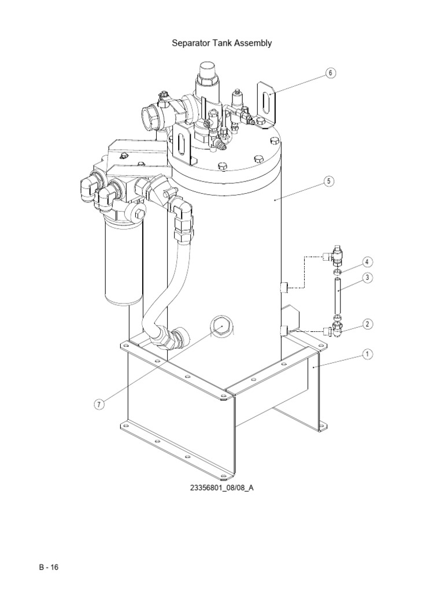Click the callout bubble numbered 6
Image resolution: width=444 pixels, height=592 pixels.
click(330, 73)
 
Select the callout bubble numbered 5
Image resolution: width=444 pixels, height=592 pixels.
click(328, 181)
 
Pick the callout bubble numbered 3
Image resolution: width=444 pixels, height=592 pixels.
click(367, 278)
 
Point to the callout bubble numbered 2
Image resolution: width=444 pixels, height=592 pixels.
click(367, 324)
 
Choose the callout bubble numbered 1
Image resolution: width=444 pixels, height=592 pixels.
click(367, 354)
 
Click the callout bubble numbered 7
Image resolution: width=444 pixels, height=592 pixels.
click(99, 405)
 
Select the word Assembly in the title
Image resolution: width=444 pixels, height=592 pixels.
click(253, 43)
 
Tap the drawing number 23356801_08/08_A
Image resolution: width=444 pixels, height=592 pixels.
click(222, 488)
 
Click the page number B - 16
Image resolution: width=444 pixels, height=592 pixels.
click(48, 567)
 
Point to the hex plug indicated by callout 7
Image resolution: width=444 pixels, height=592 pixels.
click(221, 327)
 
